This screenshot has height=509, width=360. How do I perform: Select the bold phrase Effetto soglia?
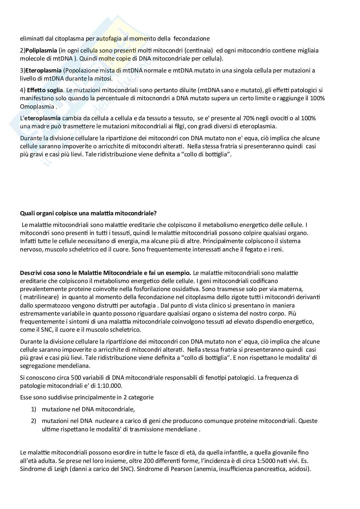click(45, 90)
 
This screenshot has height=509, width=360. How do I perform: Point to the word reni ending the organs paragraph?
click(277, 249)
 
